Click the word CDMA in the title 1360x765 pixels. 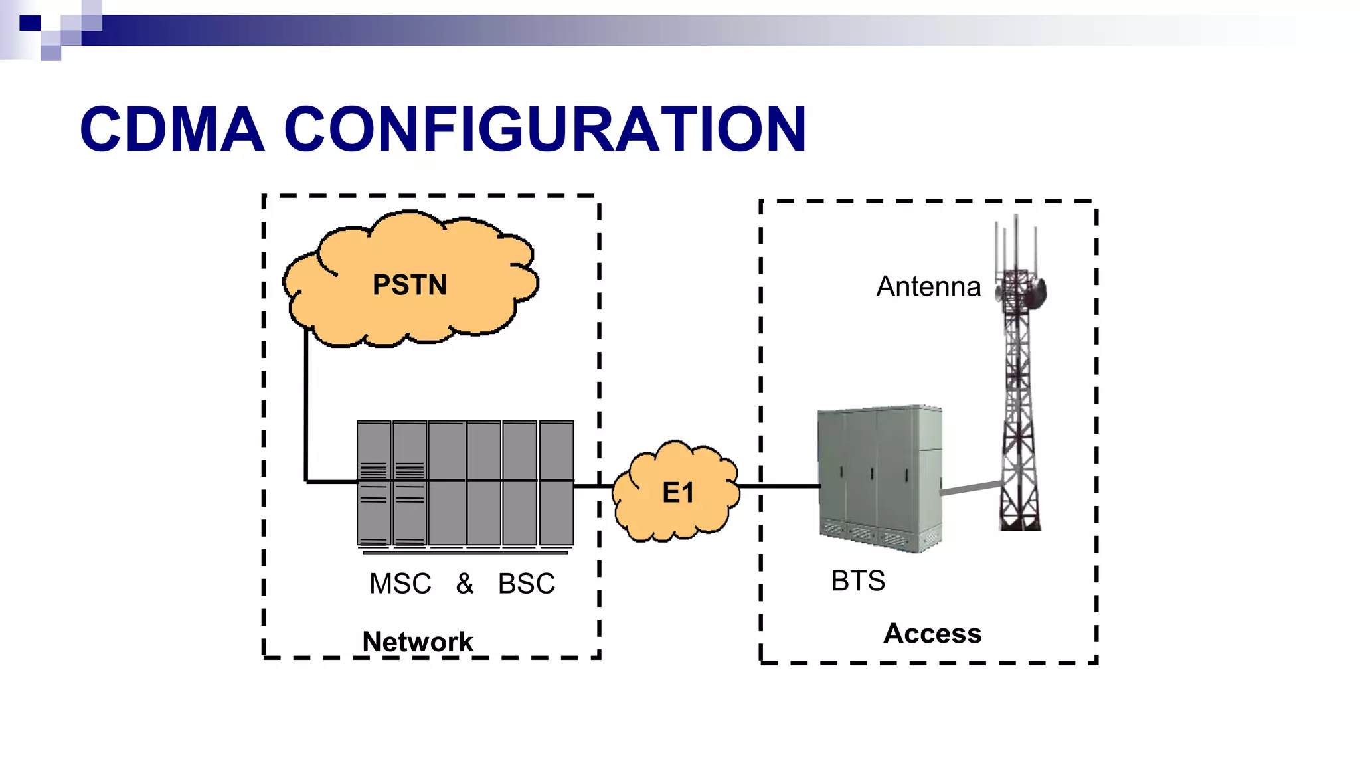click(x=171, y=129)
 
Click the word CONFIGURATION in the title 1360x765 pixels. click(x=545, y=129)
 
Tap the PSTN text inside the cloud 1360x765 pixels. click(x=409, y=285)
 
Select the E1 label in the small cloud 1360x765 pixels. click(x=678, y=493)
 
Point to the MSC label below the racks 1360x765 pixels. click(x=400, y=584)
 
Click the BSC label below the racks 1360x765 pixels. click(x=527, y=584)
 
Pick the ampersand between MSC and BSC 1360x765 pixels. click(x=465, y=584)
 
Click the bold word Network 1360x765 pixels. click(x=417, y=641)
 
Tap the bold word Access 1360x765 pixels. click(x=932, y=634)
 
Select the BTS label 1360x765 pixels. click(x=858, y=581)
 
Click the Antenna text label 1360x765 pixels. click(x=928, y=286)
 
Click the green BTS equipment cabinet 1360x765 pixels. click(x=880, y=478)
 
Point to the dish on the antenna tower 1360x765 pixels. click(x=1037, y=293)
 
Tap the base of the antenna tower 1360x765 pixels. click(x=1021, y=521)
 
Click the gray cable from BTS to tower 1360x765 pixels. click(x=971, y=488)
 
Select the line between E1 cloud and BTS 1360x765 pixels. click(x=780, y=486)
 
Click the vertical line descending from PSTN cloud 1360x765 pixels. click(x=306, y=405)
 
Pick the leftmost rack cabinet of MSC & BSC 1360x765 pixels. click(x=374, y=483)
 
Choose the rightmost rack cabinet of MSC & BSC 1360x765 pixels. click(x=556, y=483)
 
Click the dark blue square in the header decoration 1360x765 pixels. click(x=30, y=23)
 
